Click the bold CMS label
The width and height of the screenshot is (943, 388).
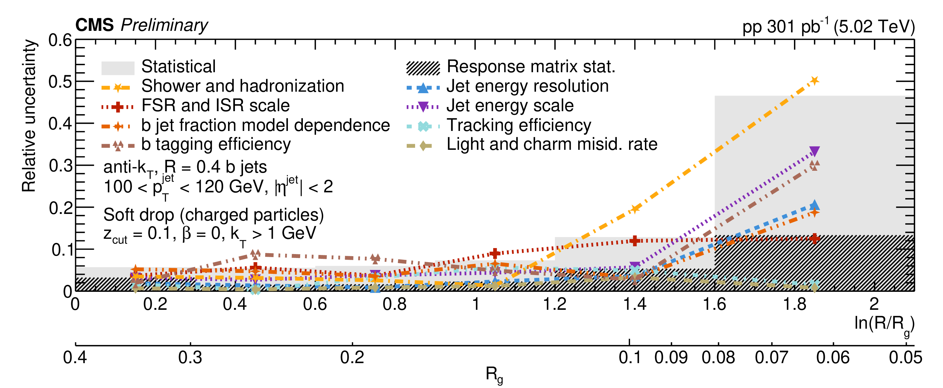point(95,25)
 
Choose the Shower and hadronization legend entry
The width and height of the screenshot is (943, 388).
point(242,86)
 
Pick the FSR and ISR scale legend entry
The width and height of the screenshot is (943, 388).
point(215,105)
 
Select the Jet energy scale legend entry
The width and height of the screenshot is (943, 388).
point(510,105)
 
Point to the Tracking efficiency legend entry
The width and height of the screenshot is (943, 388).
point(518,125)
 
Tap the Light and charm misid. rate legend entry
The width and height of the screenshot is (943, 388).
point(552,144)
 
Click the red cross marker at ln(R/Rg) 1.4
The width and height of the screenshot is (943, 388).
point(635,240)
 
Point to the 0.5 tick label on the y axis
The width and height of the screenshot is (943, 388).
point(60,82)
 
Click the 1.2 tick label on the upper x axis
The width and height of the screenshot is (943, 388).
point(555,304)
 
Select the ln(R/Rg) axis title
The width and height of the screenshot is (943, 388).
point(884,324)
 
